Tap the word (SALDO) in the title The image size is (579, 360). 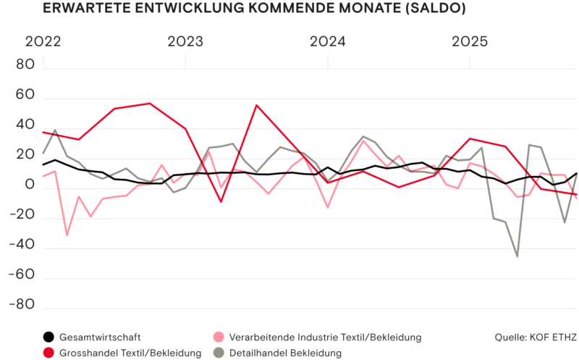434,9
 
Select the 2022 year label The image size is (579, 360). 43,42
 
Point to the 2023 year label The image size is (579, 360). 185,42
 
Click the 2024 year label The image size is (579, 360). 328,42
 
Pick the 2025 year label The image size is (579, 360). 470,42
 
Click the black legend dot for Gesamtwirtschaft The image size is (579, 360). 48,337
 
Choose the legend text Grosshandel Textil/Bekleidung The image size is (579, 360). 130,353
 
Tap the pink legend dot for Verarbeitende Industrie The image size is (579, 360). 218,337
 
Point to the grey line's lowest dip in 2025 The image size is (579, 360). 517,256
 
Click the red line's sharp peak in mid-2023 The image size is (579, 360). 257,105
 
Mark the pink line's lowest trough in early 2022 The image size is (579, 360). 67,235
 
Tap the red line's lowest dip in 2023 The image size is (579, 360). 221,201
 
